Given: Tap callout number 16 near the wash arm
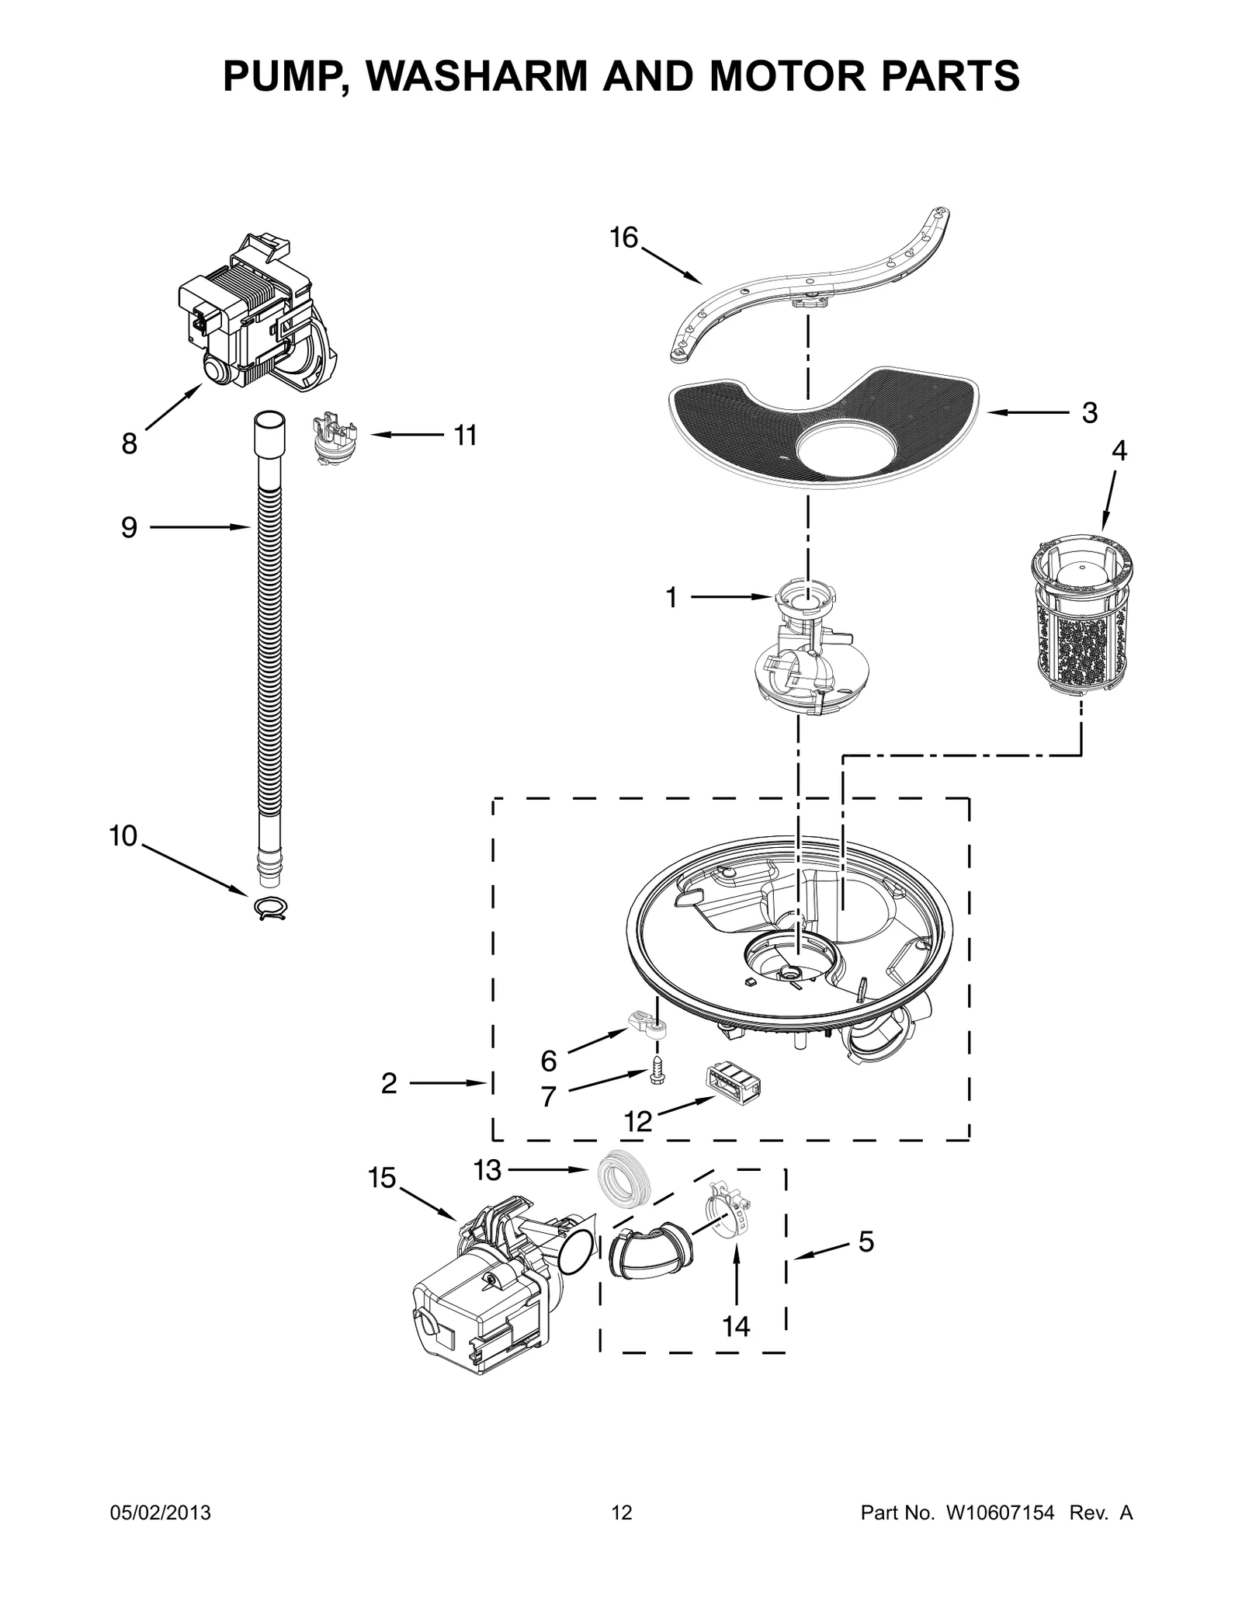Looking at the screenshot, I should click(623, 238).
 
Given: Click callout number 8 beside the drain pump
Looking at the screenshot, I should click(129, 444).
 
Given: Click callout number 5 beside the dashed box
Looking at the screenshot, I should click(866, 1241).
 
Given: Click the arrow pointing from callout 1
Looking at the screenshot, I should click(730, 597).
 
